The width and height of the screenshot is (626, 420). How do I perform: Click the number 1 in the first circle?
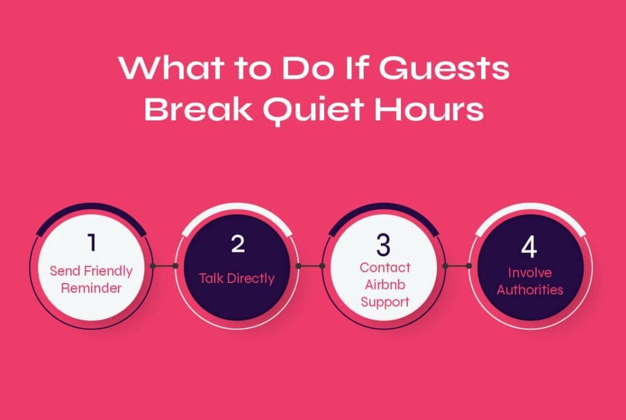click(x=92, y=242)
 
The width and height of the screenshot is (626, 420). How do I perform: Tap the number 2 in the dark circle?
click(x=238, y=243)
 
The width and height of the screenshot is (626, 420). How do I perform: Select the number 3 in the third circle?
click(x=383, y=245)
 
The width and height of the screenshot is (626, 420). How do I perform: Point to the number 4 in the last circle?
click(x=529, y=247)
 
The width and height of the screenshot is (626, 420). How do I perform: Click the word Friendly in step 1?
click(x=109, y=271)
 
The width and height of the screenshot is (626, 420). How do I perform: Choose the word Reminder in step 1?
click(x=91, y=288)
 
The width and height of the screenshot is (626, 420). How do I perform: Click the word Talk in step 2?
click(x=211, y=278)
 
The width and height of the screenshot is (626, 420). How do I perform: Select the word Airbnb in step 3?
click(x=385, y=285)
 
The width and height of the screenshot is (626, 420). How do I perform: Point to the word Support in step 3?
click(x=385, y=302)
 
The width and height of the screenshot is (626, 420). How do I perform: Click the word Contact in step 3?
click(x=385, y=268)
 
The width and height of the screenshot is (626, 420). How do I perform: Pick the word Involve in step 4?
click(x=530, y=273)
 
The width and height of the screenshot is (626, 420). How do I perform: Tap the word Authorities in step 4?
click(x=530, y=289)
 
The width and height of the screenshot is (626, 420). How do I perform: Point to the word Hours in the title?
click(x=429, y=109)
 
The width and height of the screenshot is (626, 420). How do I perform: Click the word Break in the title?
click(x=198, y=109)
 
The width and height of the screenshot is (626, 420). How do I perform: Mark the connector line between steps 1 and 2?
click(x=164, y=266)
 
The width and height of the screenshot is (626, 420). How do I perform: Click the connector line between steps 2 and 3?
click(x=310, y=266)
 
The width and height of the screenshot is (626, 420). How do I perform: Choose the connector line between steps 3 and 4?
click(x=457, y=266)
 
